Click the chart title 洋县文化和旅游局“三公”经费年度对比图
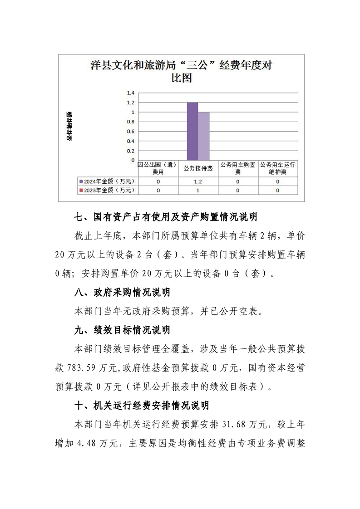click(x=181, y=72)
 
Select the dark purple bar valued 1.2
click(x=192, y=131)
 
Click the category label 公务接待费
click(x=198, y=168)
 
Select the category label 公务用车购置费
click(x=237, y=168)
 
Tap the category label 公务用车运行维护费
click(x=277, y=168)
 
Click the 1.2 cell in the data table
click(x=198, y=181)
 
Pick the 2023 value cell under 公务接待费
click(x=198, y=190)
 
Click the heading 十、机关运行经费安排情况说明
click(x=141, y=405)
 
